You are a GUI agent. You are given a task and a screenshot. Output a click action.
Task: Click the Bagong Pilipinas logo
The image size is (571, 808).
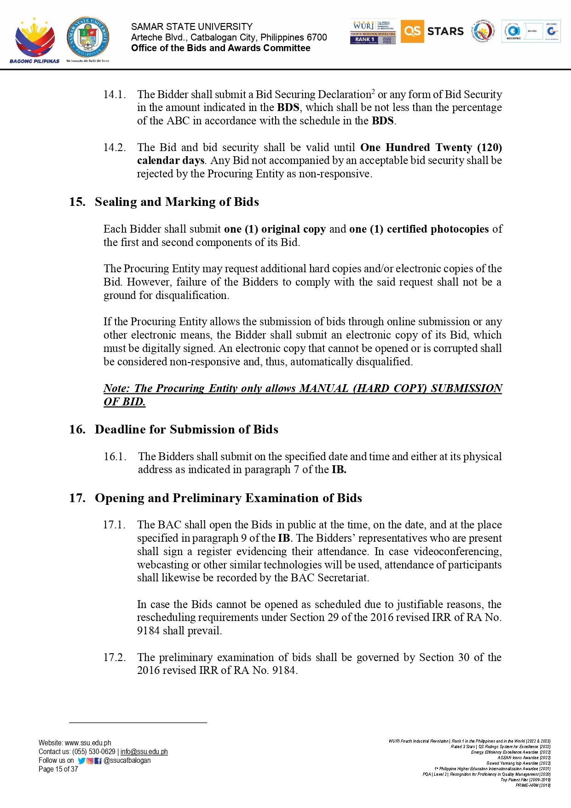(35, 40)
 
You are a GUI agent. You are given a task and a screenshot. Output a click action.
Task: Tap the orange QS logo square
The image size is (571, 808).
(412, 31)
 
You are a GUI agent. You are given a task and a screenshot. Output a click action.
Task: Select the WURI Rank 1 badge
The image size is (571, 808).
(373, 32)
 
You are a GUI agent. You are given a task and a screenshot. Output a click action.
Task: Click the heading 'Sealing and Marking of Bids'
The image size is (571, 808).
(177, 202)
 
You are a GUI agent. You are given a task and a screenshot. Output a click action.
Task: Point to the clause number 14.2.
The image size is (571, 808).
(114, 147)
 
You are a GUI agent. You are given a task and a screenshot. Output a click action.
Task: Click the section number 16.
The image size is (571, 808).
(77, 429)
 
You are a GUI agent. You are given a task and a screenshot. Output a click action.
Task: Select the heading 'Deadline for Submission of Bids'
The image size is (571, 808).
(186, 429)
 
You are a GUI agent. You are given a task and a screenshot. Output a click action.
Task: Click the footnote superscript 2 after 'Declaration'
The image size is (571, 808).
(373, 91)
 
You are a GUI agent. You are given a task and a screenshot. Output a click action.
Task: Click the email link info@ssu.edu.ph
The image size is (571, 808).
(144, 751)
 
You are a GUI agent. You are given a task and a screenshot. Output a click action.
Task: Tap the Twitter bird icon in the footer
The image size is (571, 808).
(81, 761)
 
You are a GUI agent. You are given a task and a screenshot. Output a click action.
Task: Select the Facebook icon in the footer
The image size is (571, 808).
(98, 761)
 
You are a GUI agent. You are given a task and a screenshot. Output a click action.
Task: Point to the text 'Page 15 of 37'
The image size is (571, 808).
(58, 769)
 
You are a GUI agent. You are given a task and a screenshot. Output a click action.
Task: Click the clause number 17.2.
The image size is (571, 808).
(114, 657)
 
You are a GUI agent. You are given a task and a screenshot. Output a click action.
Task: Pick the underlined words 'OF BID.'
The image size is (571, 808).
(124, 402)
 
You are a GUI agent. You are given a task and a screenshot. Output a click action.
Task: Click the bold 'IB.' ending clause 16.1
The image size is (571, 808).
(339, 469)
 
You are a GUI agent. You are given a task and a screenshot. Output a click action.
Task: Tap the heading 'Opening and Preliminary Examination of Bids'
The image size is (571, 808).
(228, 498)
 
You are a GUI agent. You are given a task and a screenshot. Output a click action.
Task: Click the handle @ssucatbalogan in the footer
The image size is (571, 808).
(127, 760)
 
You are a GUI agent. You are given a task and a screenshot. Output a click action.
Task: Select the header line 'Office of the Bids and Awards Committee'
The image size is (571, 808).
(220, 48)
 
